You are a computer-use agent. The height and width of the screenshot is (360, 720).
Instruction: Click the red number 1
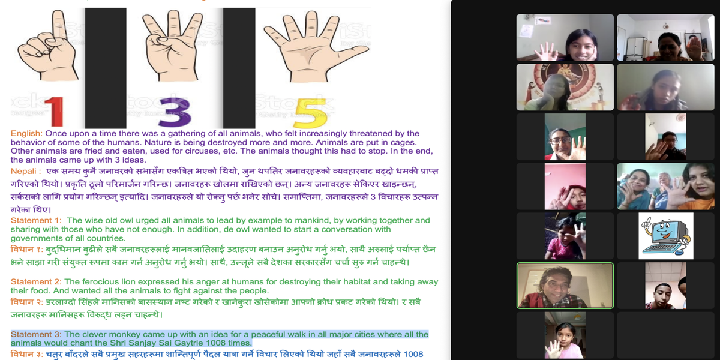coord(55,112)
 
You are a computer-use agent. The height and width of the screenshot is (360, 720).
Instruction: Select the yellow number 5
coord(311,113)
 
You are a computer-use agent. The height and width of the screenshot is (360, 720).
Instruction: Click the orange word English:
coord(26,133)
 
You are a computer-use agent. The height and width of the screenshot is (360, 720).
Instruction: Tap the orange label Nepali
coord(24,172)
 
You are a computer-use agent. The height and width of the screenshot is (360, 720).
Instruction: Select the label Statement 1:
coord(36,221)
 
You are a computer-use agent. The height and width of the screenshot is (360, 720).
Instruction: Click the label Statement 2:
coord(36,282)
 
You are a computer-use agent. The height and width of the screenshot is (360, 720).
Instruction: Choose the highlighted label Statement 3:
coord(36,335)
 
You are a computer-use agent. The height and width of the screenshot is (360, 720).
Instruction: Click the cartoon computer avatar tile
coord(665,236)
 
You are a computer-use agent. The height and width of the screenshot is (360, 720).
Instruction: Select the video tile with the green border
coord(565,286)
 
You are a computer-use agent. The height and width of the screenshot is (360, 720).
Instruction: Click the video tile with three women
coord(665,187)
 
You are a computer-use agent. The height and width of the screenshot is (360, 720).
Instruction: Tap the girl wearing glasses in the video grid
coord(565,137)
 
